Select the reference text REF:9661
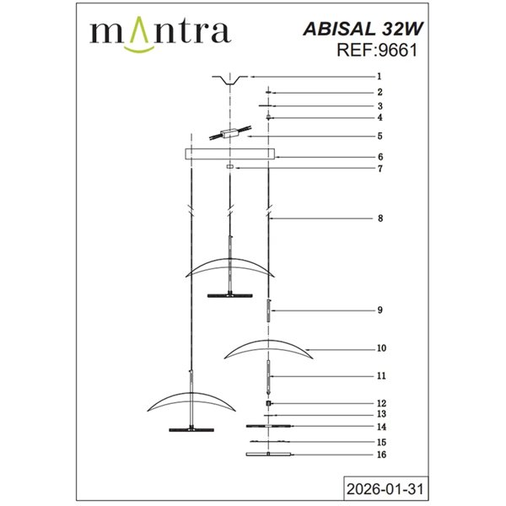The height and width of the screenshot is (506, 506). click(x=377, y=50)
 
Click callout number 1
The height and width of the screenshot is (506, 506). click(x=379, y=77)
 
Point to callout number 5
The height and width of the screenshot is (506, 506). click(x=379, y=135)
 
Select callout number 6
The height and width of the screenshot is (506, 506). click(x=379, y=157)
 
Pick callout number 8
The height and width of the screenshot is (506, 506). click(x=379, y=218)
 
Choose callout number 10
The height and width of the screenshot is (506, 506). click(x=381, y=347)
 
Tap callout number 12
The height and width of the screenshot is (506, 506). click(x=381, y=403)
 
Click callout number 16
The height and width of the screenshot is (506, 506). click(x=381, y=455)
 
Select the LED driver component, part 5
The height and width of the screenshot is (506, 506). click(x=229, y=135)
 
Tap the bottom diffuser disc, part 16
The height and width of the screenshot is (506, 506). click(x=268, y=455)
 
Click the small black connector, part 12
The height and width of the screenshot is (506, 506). click(x=268, y=404)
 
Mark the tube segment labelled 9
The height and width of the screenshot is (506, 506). click(x=268, y=310)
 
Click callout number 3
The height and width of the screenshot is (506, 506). click(x=379, y=106)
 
